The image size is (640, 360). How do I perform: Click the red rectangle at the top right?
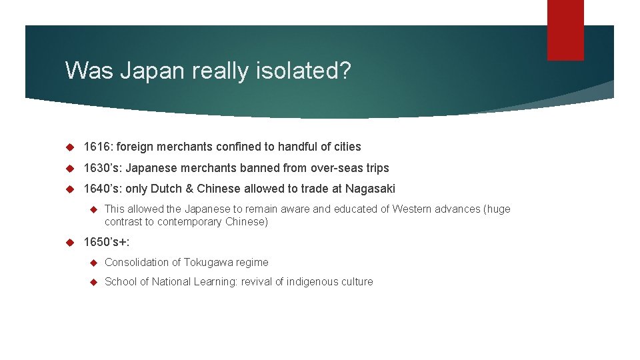[x=565, y=29]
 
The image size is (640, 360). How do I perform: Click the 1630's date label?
[x=101, y=168]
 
